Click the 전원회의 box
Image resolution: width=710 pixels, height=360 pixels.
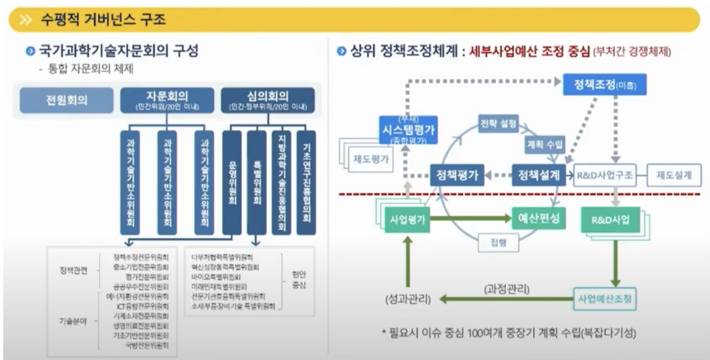pos(66,100)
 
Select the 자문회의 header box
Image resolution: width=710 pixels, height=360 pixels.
pos(167,100)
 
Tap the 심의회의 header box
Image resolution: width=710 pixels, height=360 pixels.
pos(268,100)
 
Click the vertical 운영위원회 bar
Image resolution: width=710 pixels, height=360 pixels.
pos(232,182)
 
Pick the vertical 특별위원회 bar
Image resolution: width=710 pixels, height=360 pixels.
pos(256,182)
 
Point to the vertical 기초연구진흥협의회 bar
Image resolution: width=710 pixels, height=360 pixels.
pos(306,182)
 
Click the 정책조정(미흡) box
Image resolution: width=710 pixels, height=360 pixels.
pos(604,85)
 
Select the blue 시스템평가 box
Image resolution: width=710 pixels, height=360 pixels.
pos(408,130)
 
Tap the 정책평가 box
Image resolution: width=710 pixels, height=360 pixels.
pos(457,175)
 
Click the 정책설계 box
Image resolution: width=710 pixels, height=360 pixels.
pos(538,175)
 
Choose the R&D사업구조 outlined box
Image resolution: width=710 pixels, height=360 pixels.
pos(605,175)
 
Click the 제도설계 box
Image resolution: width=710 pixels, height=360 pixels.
pos(673,175)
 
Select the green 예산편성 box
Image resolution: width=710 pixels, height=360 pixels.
pos(538,218)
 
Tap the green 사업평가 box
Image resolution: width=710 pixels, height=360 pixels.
pos(408,219)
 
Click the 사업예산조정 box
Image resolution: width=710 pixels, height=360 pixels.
pos(604,299)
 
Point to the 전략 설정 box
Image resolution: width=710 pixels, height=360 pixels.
pos(498,124)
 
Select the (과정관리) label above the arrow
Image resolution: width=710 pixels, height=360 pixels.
pos(506,289)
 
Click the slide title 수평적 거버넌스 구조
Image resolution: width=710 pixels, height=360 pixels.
pos(103,21)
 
